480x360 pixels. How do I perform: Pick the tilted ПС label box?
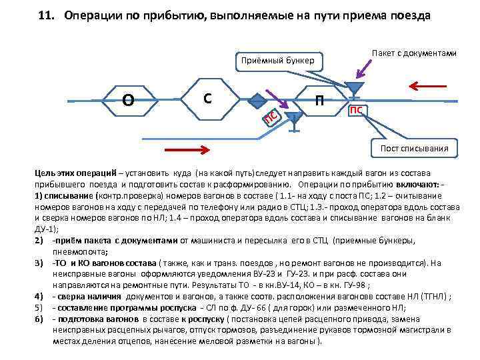pyautogui.click(x=271, y=117)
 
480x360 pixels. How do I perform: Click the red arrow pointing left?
pyautogui.click(x=427, y=85)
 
